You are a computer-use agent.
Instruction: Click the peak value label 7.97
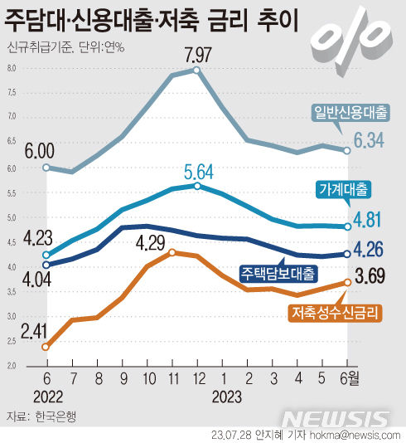click(x=196, y=56)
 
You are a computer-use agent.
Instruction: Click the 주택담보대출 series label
click(x=278, y=272)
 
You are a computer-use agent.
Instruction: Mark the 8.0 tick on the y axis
click(x=12, y=69)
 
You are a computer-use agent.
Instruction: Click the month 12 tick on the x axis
click(x=197, y=380)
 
